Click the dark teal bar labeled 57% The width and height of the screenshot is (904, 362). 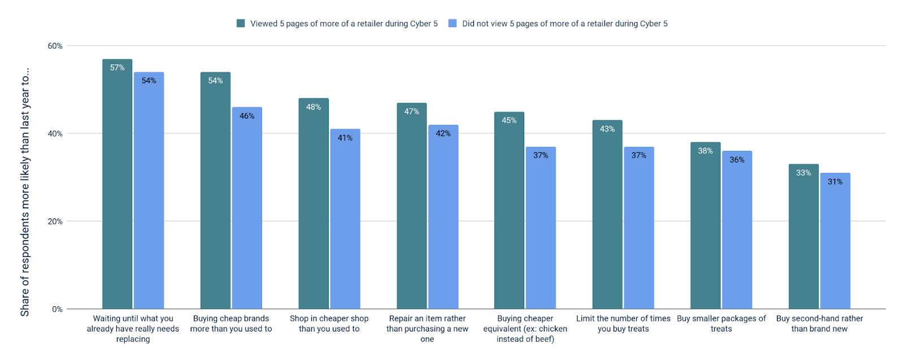117,186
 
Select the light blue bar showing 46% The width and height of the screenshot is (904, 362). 247,209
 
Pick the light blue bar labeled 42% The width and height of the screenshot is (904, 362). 443,217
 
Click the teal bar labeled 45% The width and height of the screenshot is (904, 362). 509,211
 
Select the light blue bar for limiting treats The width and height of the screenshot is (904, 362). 639,229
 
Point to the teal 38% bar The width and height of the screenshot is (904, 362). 705,226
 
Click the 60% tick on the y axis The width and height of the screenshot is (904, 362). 55,46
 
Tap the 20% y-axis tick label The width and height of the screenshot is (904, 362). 55,221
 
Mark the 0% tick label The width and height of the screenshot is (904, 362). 57,309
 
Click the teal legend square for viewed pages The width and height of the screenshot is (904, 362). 241,24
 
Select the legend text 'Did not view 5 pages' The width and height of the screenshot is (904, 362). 564,24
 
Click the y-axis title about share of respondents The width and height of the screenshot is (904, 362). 25,192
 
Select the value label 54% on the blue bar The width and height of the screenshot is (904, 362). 149,81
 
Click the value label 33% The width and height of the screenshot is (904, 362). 803,173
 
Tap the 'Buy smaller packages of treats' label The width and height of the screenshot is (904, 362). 721,324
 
